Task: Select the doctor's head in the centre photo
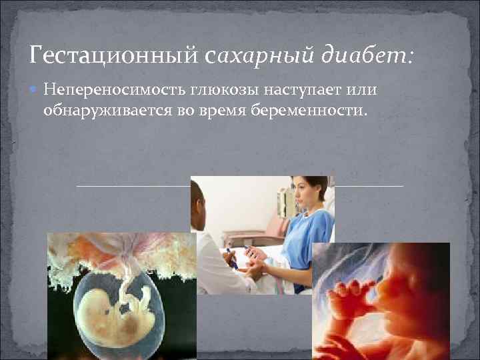[198, 200]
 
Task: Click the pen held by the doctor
[230, 257]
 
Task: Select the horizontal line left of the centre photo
[133, 186]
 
